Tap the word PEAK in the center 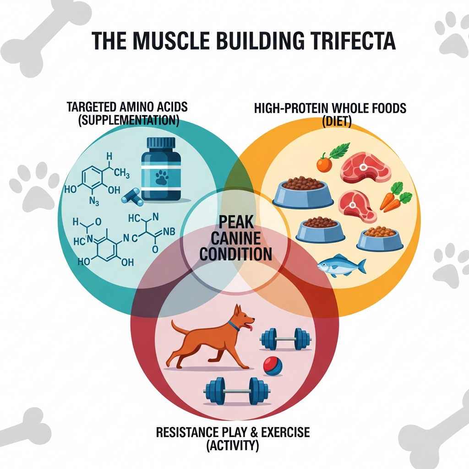[x=235, y=223]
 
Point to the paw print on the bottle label [x=161, y=178]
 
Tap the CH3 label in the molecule [x=121, y=174]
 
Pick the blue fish [x=341, y=266]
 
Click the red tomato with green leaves [x=324, y=164]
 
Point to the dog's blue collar [x=234, y=326]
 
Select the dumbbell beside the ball [x=285, y=339]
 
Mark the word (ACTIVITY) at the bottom [x=233, y=445]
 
